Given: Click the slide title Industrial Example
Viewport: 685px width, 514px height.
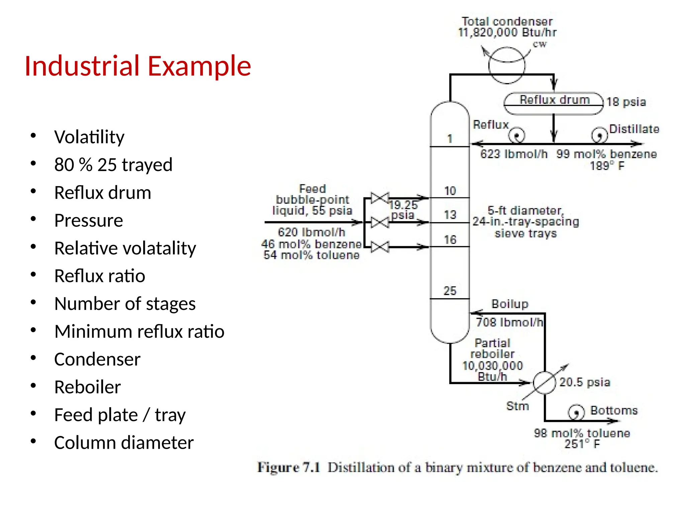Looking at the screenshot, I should [x=137, y=66].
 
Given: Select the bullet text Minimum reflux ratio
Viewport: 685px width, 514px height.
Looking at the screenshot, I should [x=139, y=331].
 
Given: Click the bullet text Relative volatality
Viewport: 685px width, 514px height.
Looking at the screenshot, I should [x=125, y=248].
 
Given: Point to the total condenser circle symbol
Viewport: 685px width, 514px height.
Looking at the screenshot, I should [x=507, y=66].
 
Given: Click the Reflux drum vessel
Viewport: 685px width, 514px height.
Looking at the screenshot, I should [x=554, y=103].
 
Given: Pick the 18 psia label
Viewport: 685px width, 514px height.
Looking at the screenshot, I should [x=626, y=102].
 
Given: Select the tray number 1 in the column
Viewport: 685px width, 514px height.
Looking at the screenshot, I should [x=450, y=139].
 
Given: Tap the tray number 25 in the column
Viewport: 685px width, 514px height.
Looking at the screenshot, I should [x=450, y=290].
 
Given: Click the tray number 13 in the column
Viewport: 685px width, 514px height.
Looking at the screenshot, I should [x=450, y=215].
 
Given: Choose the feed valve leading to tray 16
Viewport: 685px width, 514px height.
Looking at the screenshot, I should [x=380, y=247].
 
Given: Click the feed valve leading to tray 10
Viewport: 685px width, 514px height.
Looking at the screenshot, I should [x=380, y=198].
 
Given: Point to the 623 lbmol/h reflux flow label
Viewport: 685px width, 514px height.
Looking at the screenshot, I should [x=514, y=154].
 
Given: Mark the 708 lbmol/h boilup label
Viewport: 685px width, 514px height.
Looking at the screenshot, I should [x=509, y=322].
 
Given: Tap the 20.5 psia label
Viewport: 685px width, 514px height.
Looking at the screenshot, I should [x=585, y=382].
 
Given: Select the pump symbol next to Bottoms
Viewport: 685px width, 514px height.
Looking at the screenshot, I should [x=576, y=412].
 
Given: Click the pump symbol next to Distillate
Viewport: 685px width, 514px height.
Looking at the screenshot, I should [x=599, y=135].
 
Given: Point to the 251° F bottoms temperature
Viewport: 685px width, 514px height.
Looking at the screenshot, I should [x=582, y=444].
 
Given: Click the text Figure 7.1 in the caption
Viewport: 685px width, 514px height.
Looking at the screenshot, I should [x=288, y=467].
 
